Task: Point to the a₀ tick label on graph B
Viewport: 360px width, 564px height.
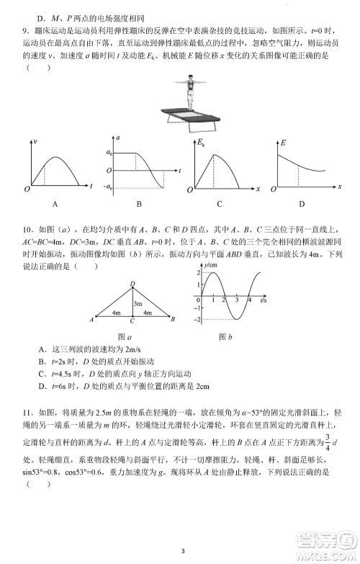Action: (109, 153)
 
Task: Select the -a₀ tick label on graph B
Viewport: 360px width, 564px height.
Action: (108, 187)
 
